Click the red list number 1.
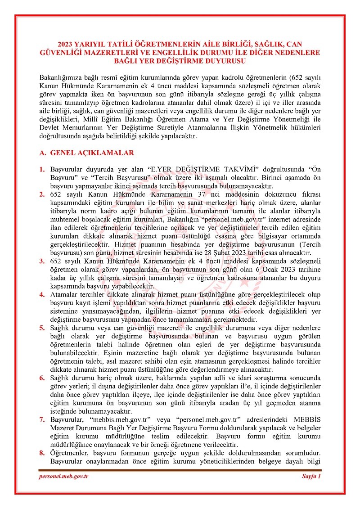tap(41, 169)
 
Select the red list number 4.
tap(41, 295)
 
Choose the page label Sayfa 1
tap(311, 477)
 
